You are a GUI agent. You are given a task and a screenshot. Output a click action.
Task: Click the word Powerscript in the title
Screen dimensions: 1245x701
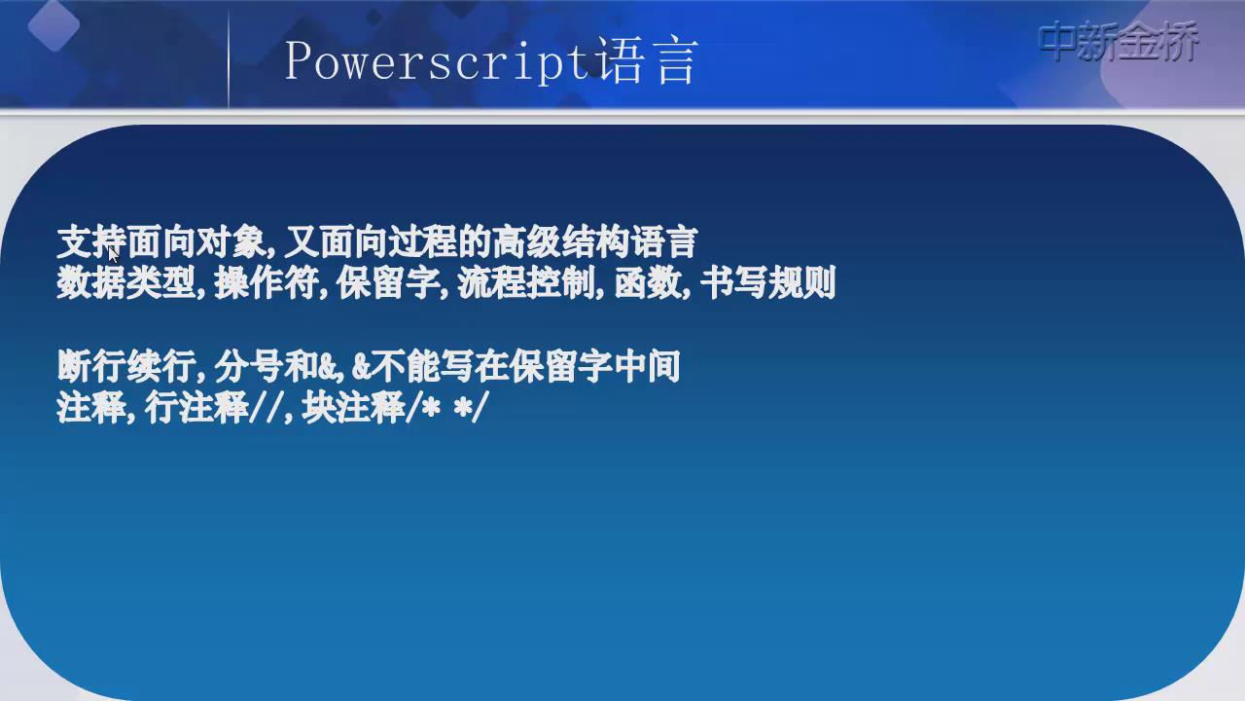(x=437, y=62)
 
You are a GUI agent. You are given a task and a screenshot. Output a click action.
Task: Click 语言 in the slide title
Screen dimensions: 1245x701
(x=648, y=60)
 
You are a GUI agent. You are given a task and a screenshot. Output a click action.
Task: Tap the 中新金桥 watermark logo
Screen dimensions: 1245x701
(x=1118, y=41)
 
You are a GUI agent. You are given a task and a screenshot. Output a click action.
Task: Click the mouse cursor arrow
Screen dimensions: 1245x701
(x=114, y=255)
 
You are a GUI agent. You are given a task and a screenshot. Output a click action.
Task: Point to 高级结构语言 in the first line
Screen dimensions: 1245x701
(x=594, y=242)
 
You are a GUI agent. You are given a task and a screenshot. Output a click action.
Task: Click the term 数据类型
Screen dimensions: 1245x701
(x=126, y=283)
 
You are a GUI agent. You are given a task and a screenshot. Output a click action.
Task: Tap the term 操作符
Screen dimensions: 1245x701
(x=267, y=283)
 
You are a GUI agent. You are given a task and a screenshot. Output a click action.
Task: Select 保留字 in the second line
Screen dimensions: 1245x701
(x=388, y=283)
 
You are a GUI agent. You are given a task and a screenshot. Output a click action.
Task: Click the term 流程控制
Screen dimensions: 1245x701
(x=527, y=283)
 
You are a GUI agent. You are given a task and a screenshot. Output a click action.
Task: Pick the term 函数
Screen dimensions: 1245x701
(x=649, y=283)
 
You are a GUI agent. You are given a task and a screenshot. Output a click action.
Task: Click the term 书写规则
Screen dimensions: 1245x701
(x=767, y=283)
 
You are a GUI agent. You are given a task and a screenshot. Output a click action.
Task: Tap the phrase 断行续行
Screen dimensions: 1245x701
(x=126, y=366)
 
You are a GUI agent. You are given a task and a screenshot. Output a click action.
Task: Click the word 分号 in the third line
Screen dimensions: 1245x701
(x=249, y=366)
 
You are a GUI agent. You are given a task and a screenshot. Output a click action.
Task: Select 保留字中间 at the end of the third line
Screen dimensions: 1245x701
(x=593, y=366)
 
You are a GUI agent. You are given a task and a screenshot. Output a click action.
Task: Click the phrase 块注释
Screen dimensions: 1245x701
(x=353, y=408)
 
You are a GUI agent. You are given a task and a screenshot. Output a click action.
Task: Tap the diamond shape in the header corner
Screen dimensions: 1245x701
(x=53, y=25)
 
